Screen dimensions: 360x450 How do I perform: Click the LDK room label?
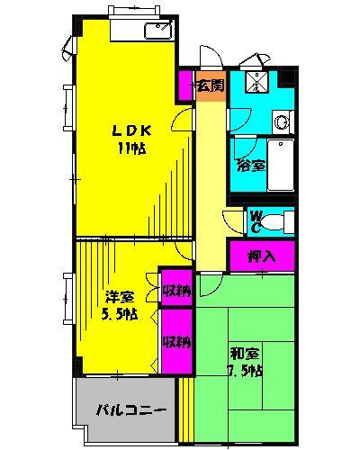131,130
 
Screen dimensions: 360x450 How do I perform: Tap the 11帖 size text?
132,148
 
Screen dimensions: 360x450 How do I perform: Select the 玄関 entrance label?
211,85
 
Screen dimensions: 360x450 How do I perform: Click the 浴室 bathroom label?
251,165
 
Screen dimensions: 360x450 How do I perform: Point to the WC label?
256,221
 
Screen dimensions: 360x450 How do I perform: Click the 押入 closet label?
262,256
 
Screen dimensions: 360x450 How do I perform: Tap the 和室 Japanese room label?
245,354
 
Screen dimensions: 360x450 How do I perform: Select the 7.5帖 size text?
245,371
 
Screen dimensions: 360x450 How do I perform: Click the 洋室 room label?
120,297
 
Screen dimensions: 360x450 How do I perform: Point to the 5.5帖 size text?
120,314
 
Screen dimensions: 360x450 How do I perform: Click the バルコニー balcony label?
131,409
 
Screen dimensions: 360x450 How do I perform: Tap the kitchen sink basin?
158,31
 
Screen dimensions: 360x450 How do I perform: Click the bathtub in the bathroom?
281,165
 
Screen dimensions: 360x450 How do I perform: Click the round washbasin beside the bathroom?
282,122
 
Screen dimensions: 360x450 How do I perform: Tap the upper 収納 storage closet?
177,287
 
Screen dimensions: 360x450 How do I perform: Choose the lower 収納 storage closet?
177,341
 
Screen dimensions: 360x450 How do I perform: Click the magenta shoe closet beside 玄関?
185,85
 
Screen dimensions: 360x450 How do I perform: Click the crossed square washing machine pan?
256,82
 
